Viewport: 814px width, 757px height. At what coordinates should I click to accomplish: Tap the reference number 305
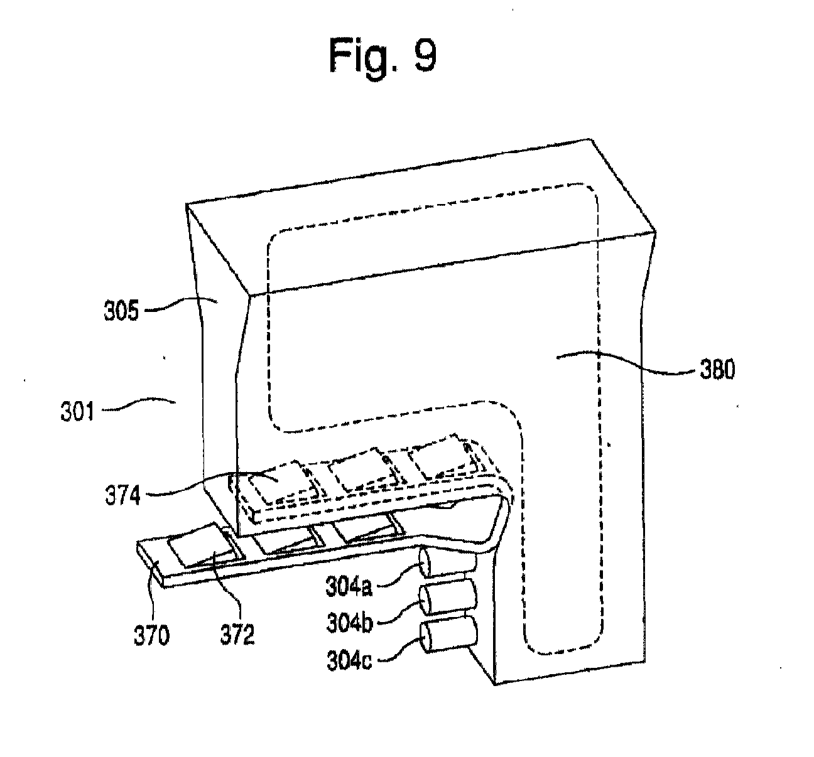click(x=121, y=311)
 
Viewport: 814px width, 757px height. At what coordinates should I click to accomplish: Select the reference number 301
click(x=77, y=411)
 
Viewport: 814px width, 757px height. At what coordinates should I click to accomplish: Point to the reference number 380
click(x=717, y=370)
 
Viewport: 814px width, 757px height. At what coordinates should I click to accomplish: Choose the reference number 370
click(x=151, y=636)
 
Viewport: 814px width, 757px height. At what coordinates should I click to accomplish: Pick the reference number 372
click(x=237, y=635)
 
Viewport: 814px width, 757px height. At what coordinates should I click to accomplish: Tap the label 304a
click(x=349, y=586)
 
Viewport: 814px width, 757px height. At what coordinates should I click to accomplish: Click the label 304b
click(x=350, y=623)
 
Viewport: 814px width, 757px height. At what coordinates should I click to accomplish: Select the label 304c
click(x=349, y=660)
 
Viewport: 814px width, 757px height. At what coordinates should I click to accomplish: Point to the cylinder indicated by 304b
click(x=448, y=598)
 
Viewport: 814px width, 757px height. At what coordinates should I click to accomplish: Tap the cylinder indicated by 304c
click(x=449, y=635)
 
